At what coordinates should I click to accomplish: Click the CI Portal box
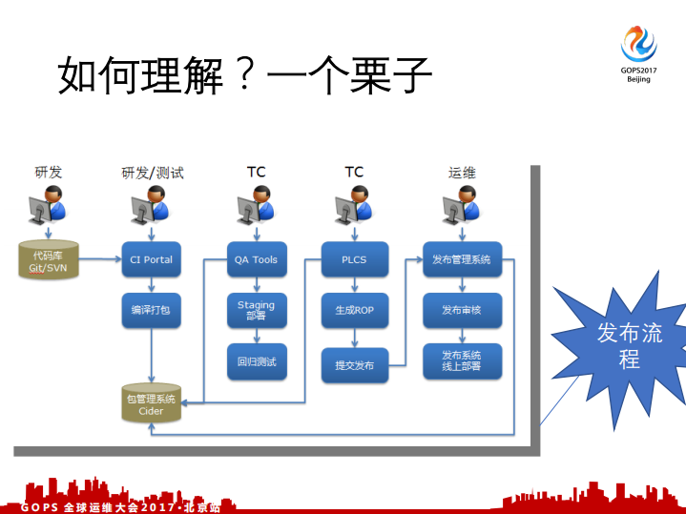151,259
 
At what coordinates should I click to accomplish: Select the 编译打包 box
151,310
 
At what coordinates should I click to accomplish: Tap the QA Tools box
256,259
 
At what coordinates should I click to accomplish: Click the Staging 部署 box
256,310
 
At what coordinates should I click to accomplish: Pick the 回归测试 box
256,361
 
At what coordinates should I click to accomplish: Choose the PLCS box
354,259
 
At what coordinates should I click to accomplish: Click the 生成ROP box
354,310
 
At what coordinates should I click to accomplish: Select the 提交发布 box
354,365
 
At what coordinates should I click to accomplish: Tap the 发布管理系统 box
461,259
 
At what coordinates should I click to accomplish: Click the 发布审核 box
461,310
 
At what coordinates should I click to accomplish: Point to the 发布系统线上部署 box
461,360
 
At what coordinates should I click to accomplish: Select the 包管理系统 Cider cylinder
151,404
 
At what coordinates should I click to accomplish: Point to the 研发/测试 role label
153,173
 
